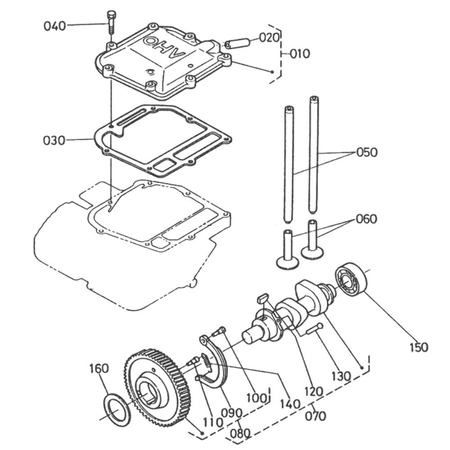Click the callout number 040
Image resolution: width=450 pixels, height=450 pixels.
click(x=54, y=26)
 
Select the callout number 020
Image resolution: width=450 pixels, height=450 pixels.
click(x=270, y=37)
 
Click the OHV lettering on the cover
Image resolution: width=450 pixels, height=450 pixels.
click(x=164, y=47)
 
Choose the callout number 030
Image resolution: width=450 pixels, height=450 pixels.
click(x=54, y=140)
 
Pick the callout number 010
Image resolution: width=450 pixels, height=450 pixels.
click(x=300, y=54)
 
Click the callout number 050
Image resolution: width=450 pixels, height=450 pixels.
click(x=367, y=153)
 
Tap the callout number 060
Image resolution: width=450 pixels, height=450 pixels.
click(x=367, y=220)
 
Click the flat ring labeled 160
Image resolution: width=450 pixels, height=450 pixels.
click(x=117, y=409)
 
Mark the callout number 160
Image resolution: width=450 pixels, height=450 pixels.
click(x=99, y=369)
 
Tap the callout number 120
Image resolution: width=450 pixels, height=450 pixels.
click(x=313, y=391)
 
